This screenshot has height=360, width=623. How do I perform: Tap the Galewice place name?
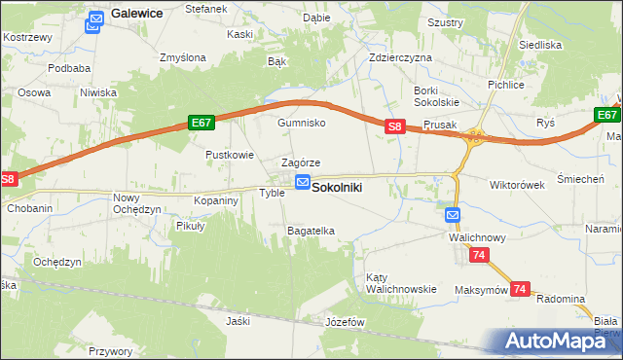136,14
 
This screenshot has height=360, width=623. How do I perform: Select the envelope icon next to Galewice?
95,19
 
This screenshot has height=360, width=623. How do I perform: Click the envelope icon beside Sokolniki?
303,183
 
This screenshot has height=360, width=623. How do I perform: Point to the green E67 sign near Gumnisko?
202,123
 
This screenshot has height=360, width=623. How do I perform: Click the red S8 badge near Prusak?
394,126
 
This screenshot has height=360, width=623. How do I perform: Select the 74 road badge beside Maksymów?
520,289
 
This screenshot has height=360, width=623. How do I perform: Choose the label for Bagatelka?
311,231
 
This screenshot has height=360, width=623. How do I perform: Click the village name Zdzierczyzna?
400,57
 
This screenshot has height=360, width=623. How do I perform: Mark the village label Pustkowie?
230,155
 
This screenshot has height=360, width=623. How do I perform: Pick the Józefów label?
345,321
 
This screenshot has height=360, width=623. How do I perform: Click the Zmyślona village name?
184,57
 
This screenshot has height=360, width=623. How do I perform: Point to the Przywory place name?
110,351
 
